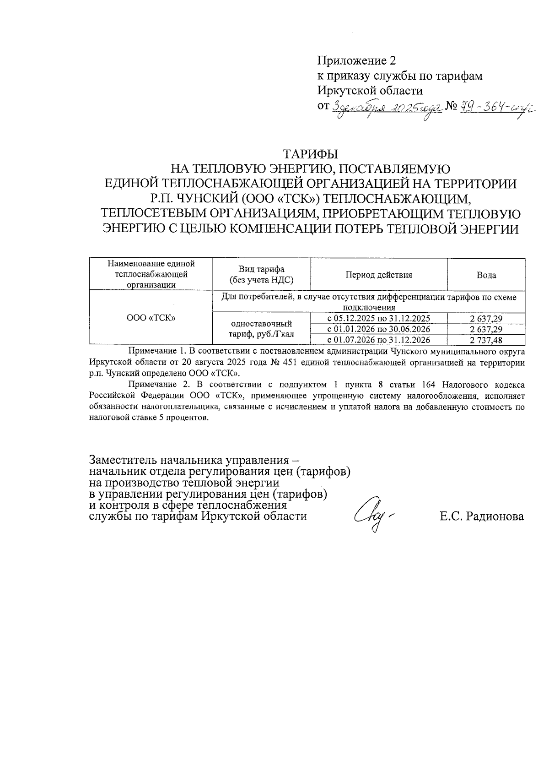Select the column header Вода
[486, 275]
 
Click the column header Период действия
[378, 275]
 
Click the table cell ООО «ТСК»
[151, 317]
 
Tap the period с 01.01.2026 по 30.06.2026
[378, 329]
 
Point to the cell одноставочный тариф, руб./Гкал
[261, 329]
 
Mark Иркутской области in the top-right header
[370, 91]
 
